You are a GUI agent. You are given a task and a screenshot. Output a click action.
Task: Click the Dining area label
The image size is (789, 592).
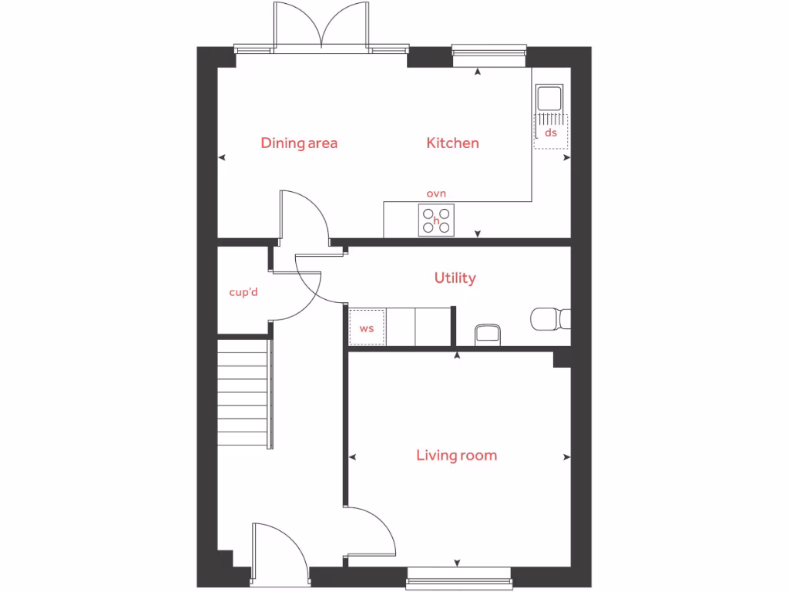pos(299,143)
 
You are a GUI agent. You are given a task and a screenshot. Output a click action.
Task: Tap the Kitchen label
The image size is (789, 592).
pos(453,143)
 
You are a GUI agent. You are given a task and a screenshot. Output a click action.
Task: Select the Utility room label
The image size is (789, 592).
pos(455,277)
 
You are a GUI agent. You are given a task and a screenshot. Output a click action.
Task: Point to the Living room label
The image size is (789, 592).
pos(456,455)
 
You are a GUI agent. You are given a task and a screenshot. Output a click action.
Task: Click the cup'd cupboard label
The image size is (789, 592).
pos(243,292)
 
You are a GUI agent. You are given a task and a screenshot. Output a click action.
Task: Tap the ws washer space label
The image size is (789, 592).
pos(367,328)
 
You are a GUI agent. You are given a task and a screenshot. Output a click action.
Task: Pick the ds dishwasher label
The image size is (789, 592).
pos(550,133)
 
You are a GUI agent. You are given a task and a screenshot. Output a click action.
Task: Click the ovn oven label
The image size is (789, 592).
pos(436,193)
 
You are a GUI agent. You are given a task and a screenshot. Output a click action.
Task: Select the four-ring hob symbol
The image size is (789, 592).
pos(436,220)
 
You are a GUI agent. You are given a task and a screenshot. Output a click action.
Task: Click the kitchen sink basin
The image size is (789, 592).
pos(549,98)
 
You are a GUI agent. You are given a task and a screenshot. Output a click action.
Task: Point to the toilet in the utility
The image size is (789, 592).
pos(550,318)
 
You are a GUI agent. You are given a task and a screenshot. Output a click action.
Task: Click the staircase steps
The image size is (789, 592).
pos(243,395)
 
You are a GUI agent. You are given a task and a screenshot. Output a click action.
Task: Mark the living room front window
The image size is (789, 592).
pos(458,573)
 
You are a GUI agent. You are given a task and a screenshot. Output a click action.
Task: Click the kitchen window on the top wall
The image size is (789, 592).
pos(489,52)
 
